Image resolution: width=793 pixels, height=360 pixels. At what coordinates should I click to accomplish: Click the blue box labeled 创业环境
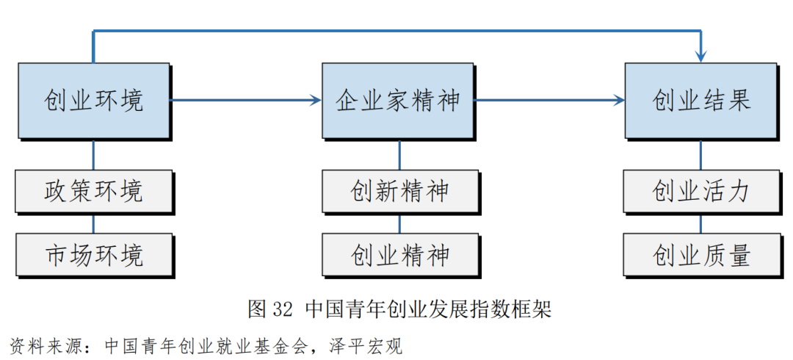[93, 101]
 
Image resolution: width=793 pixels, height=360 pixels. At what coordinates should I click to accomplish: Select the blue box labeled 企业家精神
[399, 101]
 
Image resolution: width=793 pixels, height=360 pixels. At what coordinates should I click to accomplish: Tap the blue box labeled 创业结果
[701, 101]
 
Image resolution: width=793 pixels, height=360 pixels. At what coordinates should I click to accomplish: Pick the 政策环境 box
[93, 192]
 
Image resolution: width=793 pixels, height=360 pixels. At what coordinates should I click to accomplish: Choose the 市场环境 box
[93, 255]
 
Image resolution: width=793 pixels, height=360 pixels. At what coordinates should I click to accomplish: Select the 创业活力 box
[701, 192]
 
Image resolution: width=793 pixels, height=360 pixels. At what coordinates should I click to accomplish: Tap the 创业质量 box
[701, 255]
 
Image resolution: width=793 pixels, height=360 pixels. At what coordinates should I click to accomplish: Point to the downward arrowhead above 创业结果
[701, 56]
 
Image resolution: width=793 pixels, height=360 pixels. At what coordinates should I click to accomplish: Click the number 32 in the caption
[281, 309]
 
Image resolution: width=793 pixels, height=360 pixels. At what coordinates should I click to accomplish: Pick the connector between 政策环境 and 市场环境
[93, 223]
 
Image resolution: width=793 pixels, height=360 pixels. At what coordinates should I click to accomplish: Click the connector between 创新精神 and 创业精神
[399, 223]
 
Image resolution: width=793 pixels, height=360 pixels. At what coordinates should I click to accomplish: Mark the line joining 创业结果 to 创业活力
[701, 154]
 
